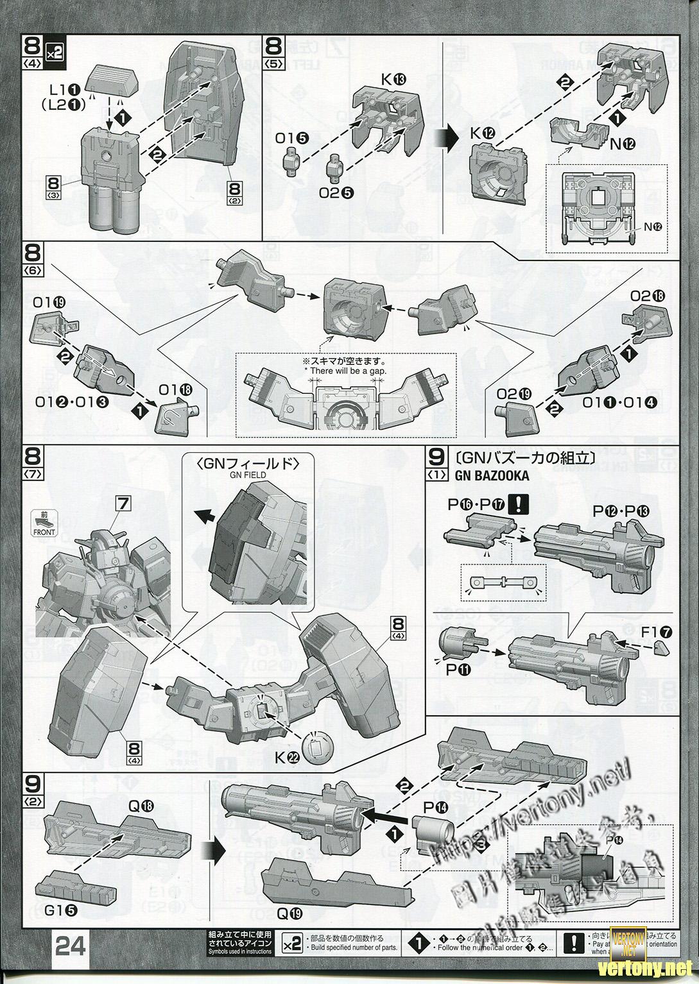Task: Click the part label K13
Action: tap(393, 79)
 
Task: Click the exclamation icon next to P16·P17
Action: tap(517, 505)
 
